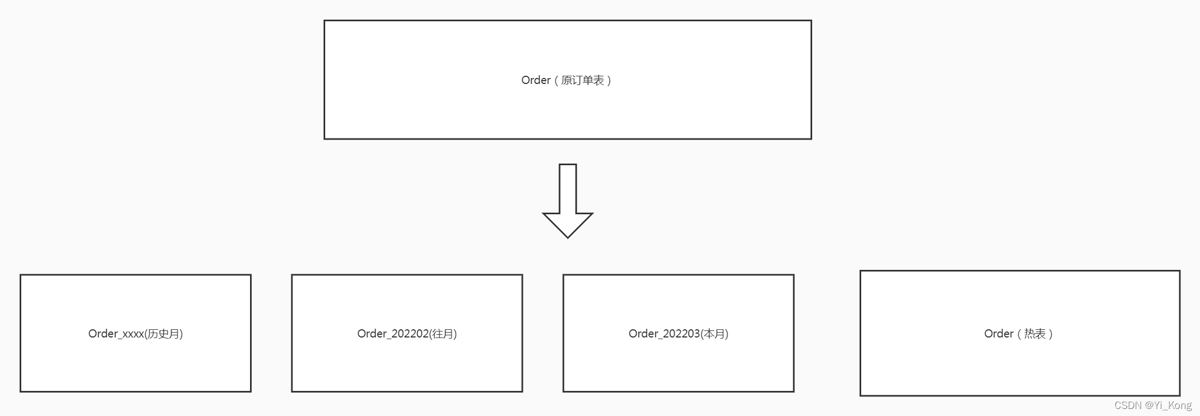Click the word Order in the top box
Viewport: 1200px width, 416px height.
click(535, 80)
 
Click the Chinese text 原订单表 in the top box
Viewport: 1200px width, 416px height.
click(582, 80)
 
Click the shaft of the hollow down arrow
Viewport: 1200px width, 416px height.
click(568, 188)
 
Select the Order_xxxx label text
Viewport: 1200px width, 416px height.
click(116, 334)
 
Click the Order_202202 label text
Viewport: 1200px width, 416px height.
click(393, 334)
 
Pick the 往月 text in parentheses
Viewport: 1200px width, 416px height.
click(443, 334)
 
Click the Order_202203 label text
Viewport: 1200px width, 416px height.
click(664, 334)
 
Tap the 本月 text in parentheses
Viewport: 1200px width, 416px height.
click(714, 334)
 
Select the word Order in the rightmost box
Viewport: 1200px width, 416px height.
click(998, 334)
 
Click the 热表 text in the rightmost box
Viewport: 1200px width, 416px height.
click(1034, 334)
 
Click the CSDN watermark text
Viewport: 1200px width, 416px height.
click(1128, 405)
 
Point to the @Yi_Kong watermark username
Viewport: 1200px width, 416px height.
click(1168, 405)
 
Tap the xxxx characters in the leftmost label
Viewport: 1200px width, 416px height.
click(132, 334)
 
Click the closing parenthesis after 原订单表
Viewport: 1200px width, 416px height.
click(609, 80)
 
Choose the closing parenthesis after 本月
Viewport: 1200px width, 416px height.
click(727, 334)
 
